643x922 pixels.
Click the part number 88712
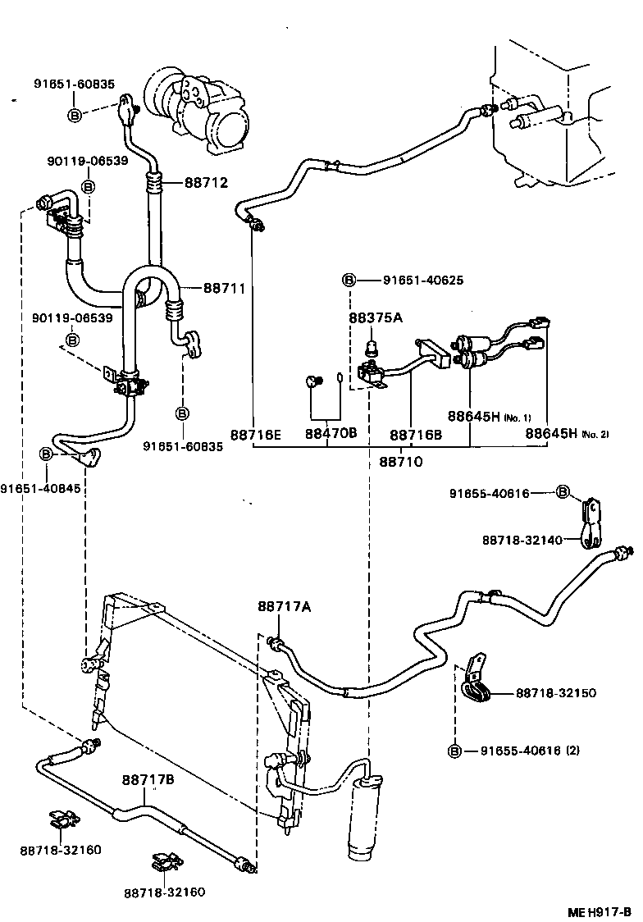pos(207,183)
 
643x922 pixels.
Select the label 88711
pos(225,288)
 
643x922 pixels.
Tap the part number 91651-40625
pos(423,280)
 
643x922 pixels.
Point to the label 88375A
pos(376,317)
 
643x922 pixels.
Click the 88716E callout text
pos(256,434)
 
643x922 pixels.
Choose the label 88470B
pos(331,433)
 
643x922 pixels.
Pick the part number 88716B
pos(416,435)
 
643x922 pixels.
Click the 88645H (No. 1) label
pos(490,417)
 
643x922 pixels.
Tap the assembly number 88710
pos(401,462)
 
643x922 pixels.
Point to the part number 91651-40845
pos(40,489)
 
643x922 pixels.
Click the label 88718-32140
pos(522,539)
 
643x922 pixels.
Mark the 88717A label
pos(284,606)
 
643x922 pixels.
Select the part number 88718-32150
pos(556,693)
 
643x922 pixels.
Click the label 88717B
pos(148,780)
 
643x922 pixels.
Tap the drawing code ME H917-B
pos(600,913)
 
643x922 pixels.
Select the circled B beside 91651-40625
pos(349,280)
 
